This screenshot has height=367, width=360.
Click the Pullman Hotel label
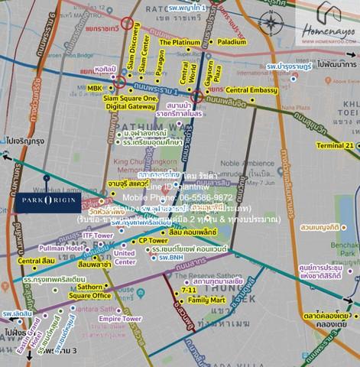click(x=65, y=249)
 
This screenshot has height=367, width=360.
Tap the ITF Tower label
click(x=98, y=236)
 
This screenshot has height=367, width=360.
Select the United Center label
click(x=124, y=257)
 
